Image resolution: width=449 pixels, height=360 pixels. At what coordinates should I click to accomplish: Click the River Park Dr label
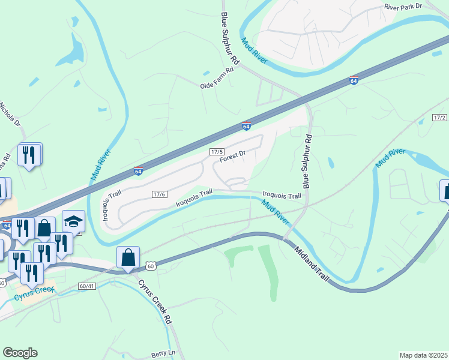(403, 6)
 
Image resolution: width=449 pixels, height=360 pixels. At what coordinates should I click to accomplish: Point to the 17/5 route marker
(217, 152)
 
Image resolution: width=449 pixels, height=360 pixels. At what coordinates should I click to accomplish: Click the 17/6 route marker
(159, 194)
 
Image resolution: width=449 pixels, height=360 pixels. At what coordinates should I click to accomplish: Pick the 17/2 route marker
(439, 118)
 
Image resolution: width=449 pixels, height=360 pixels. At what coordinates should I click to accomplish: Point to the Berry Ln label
(163, 353)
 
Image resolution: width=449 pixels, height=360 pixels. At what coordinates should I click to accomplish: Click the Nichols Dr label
(10, 114)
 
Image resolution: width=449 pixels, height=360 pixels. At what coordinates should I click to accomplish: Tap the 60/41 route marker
(87, 286)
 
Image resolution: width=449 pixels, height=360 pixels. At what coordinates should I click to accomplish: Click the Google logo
(20, 353)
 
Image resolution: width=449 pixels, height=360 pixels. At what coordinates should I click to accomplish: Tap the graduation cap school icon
(73, 221)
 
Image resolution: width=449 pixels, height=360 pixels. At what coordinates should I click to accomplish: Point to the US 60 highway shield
(151, 265)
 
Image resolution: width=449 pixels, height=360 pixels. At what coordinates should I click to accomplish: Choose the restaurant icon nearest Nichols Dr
(29, 155)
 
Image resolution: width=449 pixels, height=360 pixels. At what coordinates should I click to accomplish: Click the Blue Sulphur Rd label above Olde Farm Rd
(230, 39)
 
